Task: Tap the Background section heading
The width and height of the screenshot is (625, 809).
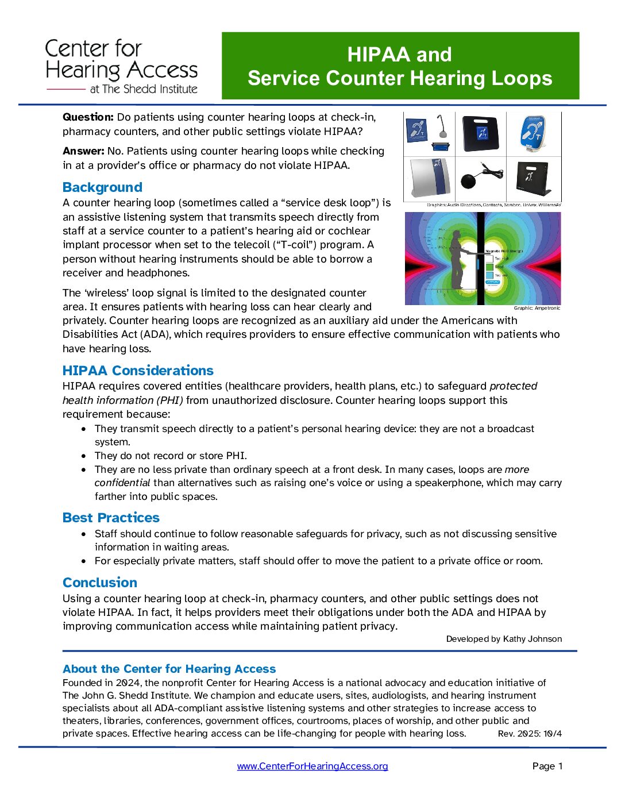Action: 102,187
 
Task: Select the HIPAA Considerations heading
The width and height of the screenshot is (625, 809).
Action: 138,371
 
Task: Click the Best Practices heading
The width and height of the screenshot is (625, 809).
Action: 111,518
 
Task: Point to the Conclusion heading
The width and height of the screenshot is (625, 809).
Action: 100,583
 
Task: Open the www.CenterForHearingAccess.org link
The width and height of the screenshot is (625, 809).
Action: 312,766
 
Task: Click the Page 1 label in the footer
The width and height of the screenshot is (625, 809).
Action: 547,766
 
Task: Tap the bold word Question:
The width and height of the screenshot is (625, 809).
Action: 88,117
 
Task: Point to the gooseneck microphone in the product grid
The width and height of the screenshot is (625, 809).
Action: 441,129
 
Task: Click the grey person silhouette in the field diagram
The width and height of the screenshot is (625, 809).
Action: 457,259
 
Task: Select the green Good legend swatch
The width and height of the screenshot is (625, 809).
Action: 489,267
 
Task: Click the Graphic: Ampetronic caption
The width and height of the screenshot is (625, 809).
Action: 537,309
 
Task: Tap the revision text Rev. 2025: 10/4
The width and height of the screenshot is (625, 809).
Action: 530,734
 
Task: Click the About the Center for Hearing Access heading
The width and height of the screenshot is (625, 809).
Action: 169,669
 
